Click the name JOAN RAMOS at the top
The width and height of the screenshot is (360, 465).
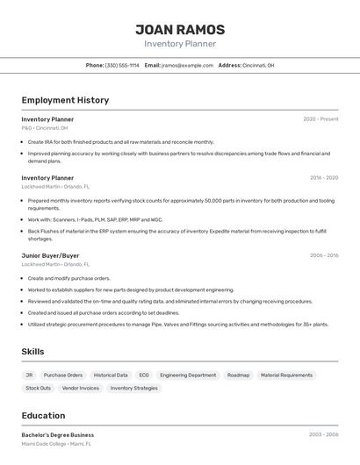(180, 30)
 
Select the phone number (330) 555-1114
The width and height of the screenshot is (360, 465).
(122, 65)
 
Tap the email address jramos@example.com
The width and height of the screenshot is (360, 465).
(188, 65)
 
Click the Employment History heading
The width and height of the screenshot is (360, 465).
(65, 100)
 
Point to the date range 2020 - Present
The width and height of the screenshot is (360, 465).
(320, 119)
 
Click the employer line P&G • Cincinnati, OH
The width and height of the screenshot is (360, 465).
(45, 128)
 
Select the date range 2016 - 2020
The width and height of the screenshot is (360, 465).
(323, 178)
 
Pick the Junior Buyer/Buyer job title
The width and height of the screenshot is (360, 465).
(50, 255)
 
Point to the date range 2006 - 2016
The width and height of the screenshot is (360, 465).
(323, 255)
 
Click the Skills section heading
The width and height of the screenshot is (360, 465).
(32, 352)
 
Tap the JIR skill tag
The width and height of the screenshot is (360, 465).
(29, 375)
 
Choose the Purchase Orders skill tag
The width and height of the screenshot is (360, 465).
(63, 375)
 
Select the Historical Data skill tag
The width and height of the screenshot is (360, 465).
(111, 375)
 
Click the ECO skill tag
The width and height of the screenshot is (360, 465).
(144, 375)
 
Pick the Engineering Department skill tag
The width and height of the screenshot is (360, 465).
(188, 375)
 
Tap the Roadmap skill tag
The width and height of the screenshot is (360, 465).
(238, 375)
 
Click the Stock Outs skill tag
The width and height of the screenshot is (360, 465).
(38, 388)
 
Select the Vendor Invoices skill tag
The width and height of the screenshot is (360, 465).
(81, 388)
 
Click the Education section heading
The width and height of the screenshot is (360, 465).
(43, 416)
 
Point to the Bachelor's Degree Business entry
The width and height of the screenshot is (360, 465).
(58, 435)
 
